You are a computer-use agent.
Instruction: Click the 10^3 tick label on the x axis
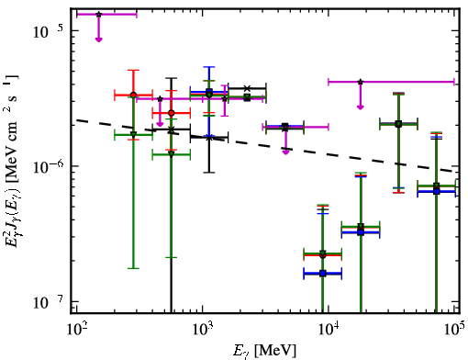pyautogui.click(x=202, y=329)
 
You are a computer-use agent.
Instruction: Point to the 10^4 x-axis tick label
pyautogui.click(x=329, y=329)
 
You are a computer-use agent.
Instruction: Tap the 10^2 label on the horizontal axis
pyautogui.click(x=76, y=329)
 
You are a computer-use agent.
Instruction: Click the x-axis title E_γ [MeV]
pyautogui.click(x=264, y=351)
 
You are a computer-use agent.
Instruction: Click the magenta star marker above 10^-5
pyautogui.click(x=98, y=15)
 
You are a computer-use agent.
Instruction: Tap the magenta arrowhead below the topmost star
pyautogui.click(x=98, y=39)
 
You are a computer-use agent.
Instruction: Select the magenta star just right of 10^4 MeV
pyautogui.click(x=361, y=82)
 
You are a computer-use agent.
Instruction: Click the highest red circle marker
pyautogui.click(x=133, y=96)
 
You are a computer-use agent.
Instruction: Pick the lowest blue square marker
pyautogui.click(x=323, y=274)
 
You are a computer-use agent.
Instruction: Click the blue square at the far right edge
pyautogui.click(x=437, y=191)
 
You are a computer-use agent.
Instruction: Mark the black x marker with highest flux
pyautogui.click(x=247, y=88)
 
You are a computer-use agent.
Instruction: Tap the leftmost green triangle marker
pyautogui.click(x=133, y=134)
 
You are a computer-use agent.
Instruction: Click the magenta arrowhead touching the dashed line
pyautogui.click(x=285, y=152)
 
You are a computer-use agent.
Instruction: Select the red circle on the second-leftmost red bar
pyautogui.click(x=172, y=113)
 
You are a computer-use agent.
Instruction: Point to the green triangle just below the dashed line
pyautogui.click(x=172, y=154)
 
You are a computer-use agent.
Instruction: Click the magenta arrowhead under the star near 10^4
pyautogui.click(x=361, y=107)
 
